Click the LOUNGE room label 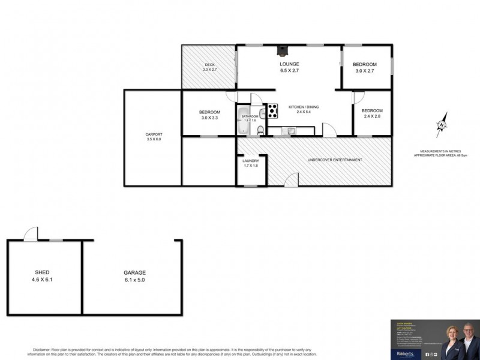289,64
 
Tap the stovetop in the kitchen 272,110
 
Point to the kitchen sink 290,130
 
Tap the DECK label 209,65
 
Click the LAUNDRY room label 251,161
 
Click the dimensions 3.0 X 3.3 209,118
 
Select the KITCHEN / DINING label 304,107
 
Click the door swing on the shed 31,234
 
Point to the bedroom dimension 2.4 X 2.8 372,117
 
